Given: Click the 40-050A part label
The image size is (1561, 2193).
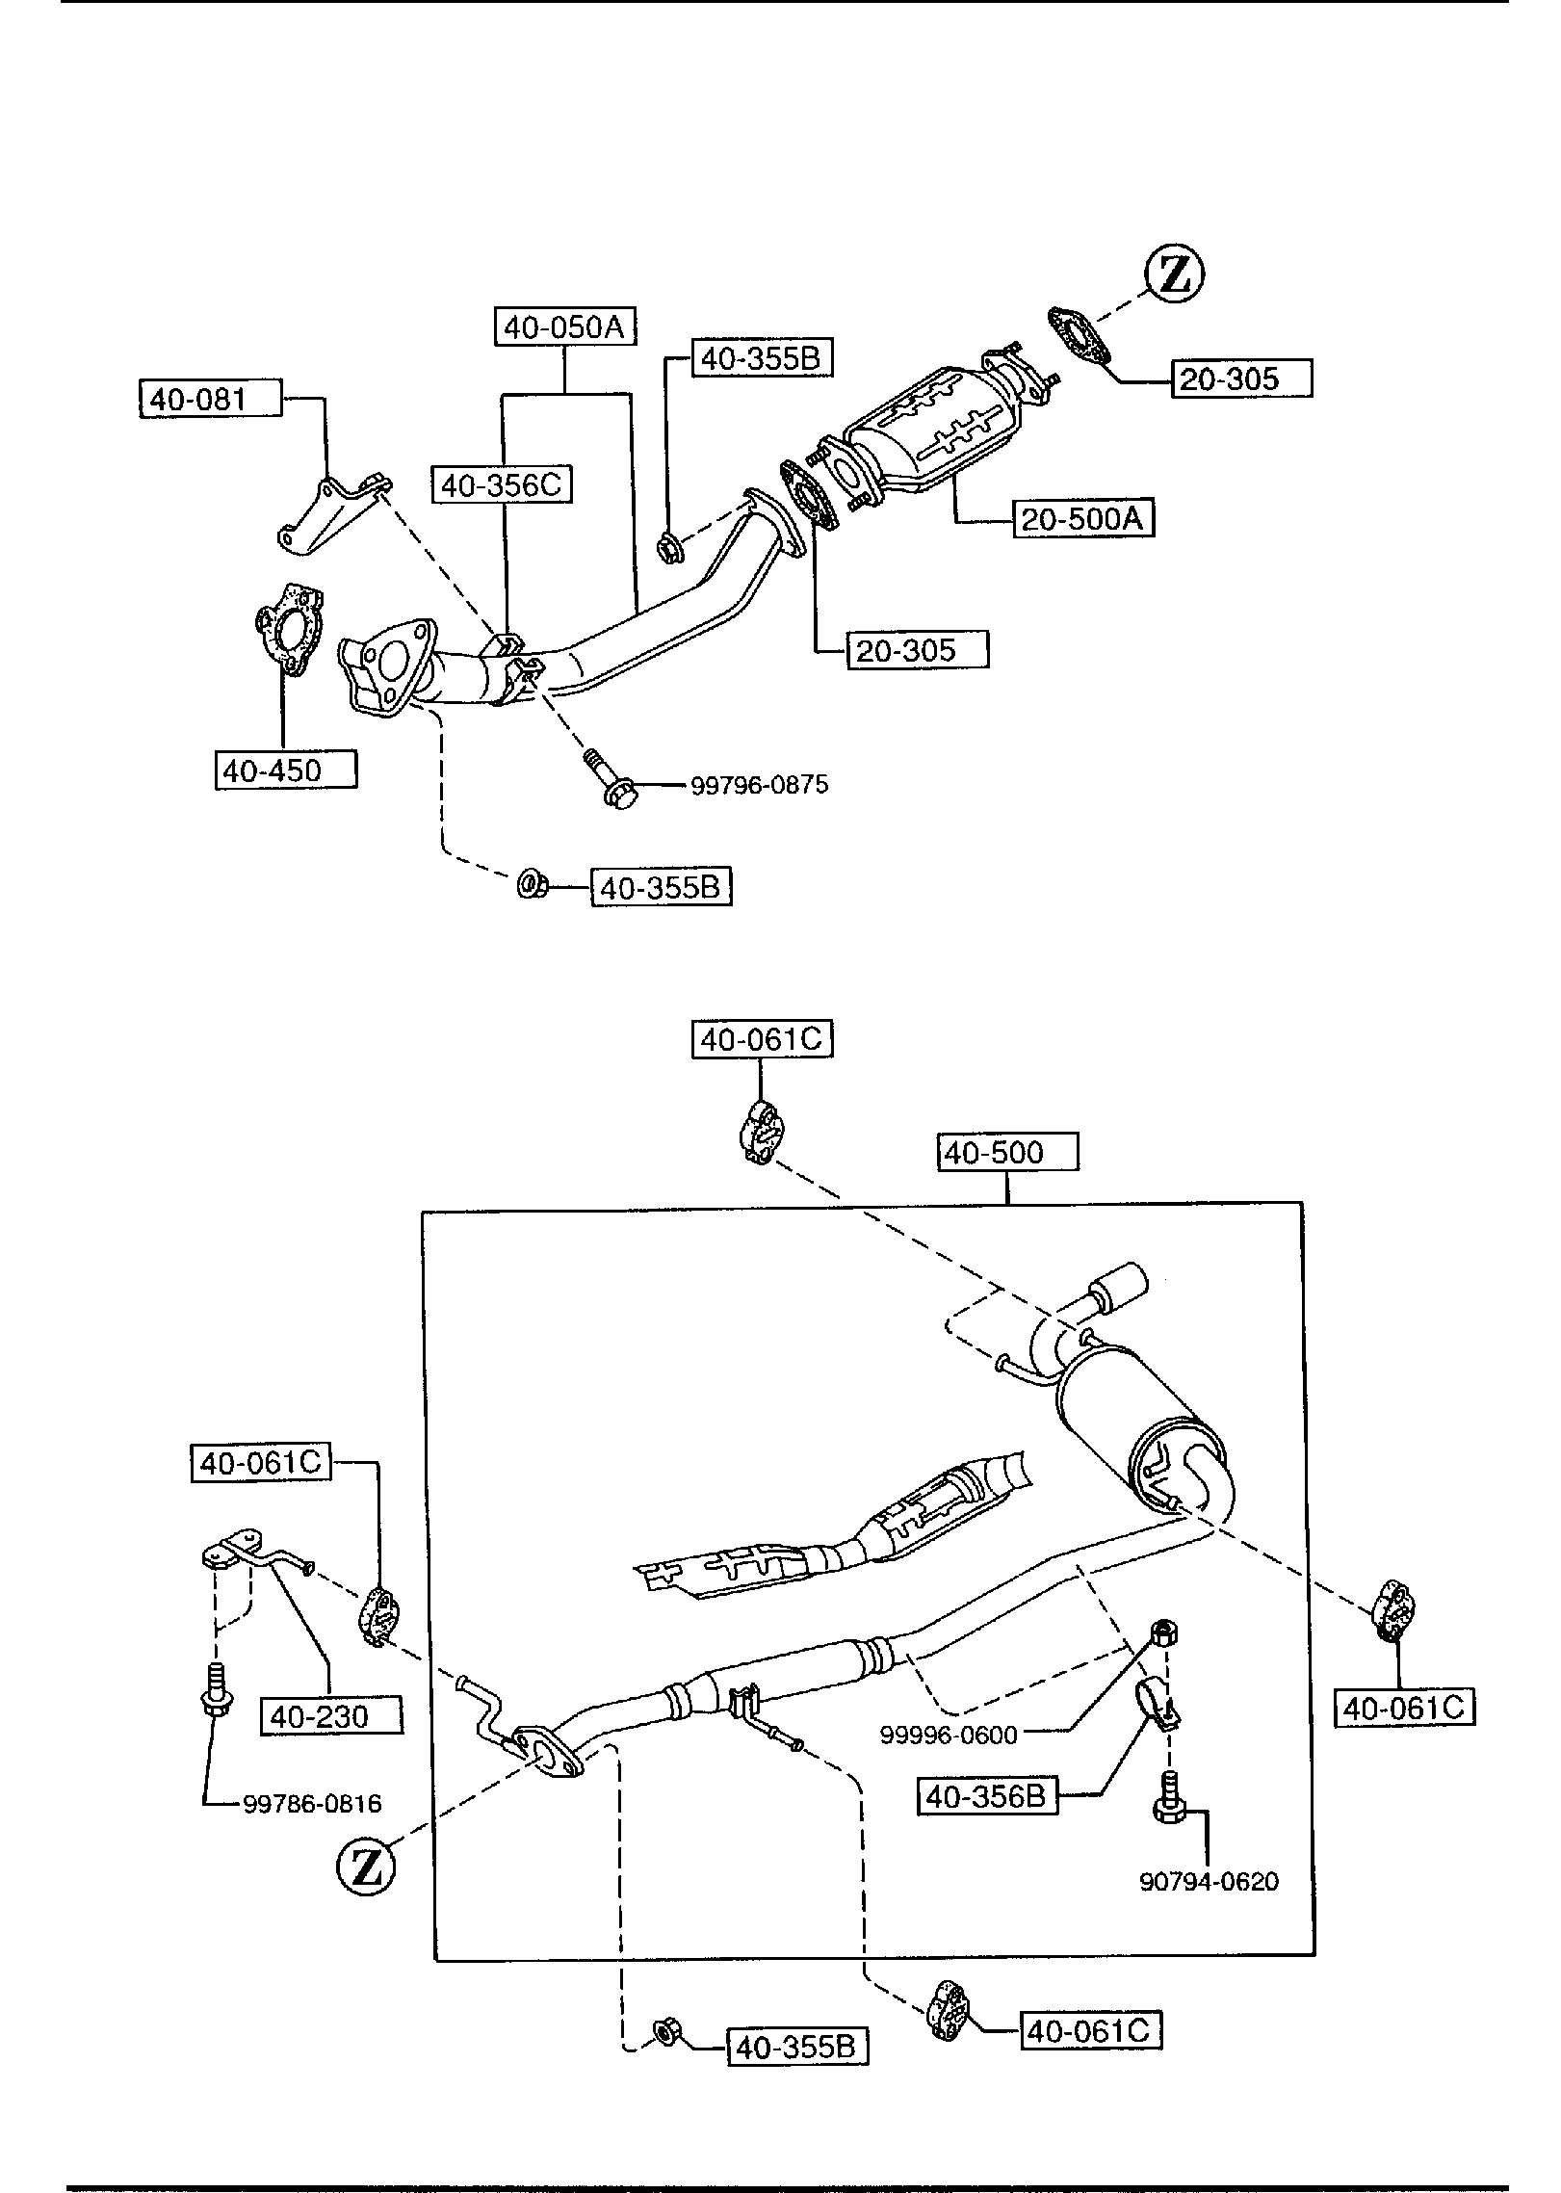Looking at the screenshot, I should (x=565, y=327).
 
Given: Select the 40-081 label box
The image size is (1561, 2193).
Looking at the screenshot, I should (x=211, y=399).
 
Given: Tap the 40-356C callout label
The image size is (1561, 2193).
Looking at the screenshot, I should (x=502, y=484).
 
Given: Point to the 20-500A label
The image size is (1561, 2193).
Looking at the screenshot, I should (x=1083, y=519).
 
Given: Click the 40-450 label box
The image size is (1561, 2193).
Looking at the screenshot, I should (x=286, y=770).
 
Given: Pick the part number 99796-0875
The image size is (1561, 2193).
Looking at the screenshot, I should (x=759, y=785).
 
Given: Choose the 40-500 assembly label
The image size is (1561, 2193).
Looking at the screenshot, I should (x=1007, y=1153).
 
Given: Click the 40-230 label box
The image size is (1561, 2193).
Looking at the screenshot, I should (x=331, y=1716).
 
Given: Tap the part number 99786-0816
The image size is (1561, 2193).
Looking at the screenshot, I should (x=312, y=1804).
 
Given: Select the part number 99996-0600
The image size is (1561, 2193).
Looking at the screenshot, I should (x=949, y=1736).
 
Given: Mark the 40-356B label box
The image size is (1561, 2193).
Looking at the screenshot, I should (x=987, y=1796).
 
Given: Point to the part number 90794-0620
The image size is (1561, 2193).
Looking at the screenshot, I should (x=1209, y=1881).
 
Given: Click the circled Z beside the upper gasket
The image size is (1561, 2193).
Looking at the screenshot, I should (x=1175, y=274).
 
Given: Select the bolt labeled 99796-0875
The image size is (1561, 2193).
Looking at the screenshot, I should (x=605, y=778).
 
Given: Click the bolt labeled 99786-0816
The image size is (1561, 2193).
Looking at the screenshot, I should (x=215, y=1691).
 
